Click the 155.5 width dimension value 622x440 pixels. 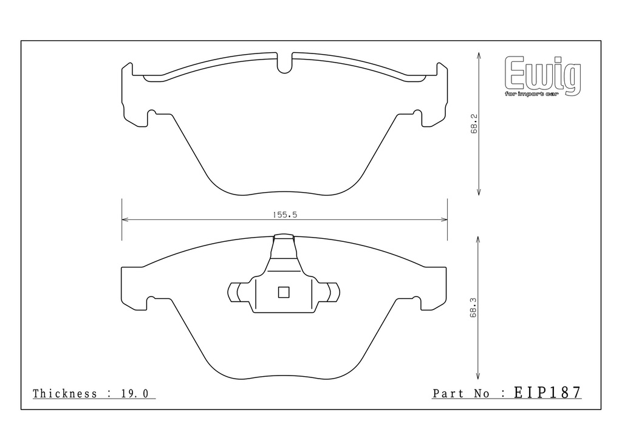[x=285, y=215]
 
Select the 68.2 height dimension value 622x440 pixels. [x=474, y=124]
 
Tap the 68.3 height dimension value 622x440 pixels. [x=473, y=308]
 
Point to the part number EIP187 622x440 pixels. [x=547, y=393]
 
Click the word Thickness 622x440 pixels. [x=64, y=394]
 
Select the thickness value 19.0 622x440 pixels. [x=134, y=394]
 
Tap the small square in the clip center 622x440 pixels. [x=284, y=292]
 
